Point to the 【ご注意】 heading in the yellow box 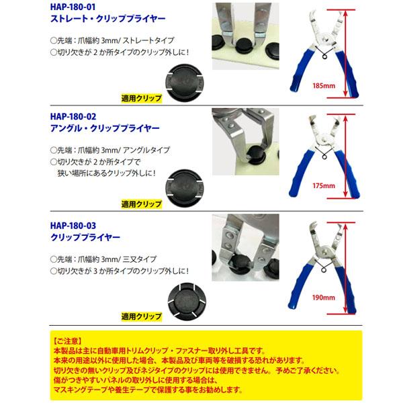click(x=68, y=340)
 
